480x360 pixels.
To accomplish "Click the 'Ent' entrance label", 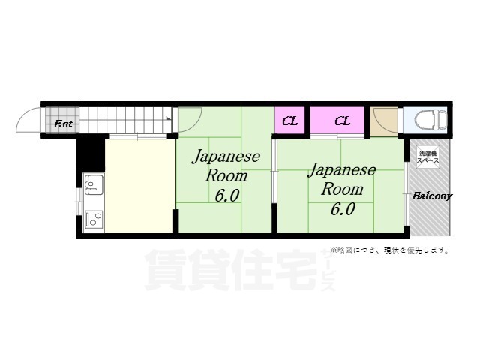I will pos(64,124).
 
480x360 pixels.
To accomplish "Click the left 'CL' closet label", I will pos(290,121).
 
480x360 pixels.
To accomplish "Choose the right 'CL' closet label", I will pos(343,121).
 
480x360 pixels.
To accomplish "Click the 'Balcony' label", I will pos(432,196).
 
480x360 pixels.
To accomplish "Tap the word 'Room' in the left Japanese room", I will pos(226,177).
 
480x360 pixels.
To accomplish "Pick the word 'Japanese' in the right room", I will pos(342,170).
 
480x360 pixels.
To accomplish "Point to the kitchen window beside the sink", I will pos(79,201).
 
